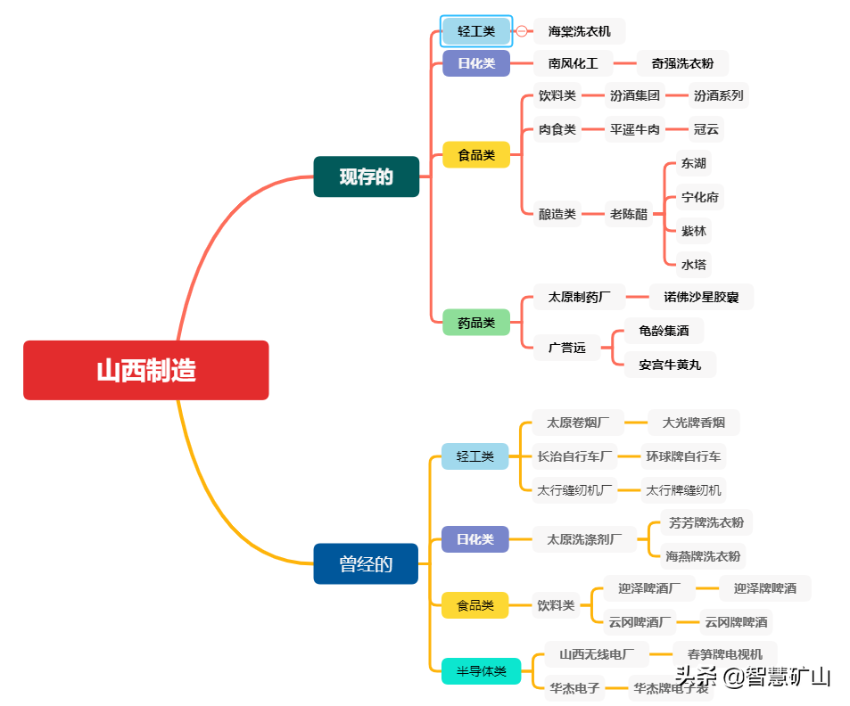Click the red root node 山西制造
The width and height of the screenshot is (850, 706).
145,370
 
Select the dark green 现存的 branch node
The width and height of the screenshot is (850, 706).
366,176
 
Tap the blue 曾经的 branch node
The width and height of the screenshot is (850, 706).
366,563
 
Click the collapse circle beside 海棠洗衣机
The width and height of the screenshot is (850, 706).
522,31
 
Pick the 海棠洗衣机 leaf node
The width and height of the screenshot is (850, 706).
579,31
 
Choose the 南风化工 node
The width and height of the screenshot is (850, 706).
573,63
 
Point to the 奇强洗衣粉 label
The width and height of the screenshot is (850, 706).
682,63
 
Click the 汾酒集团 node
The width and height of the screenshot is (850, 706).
634,95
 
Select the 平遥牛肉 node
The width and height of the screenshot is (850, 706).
634,129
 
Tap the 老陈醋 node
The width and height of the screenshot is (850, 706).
629,214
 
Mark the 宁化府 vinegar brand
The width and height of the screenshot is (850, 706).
699,197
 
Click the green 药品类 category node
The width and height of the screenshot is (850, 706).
476,323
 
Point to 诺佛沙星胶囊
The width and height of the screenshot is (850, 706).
701,297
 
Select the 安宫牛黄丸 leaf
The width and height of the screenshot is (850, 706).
669,365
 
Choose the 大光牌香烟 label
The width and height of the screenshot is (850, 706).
693,423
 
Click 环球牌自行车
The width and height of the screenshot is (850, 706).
683,456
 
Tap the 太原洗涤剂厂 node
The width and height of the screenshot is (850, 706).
585,539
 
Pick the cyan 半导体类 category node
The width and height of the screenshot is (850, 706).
482,671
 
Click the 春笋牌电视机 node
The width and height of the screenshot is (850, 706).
724,654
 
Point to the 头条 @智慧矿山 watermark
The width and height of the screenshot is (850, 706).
753,677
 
